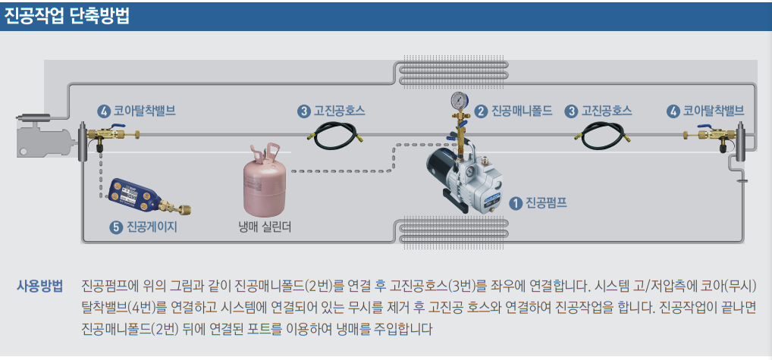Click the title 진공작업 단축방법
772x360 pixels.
67,16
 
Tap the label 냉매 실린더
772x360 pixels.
265,226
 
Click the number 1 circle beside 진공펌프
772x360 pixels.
516,202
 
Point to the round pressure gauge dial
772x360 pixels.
458,101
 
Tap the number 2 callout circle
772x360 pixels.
481,111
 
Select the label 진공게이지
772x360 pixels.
152,226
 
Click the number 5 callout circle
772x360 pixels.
116,226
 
